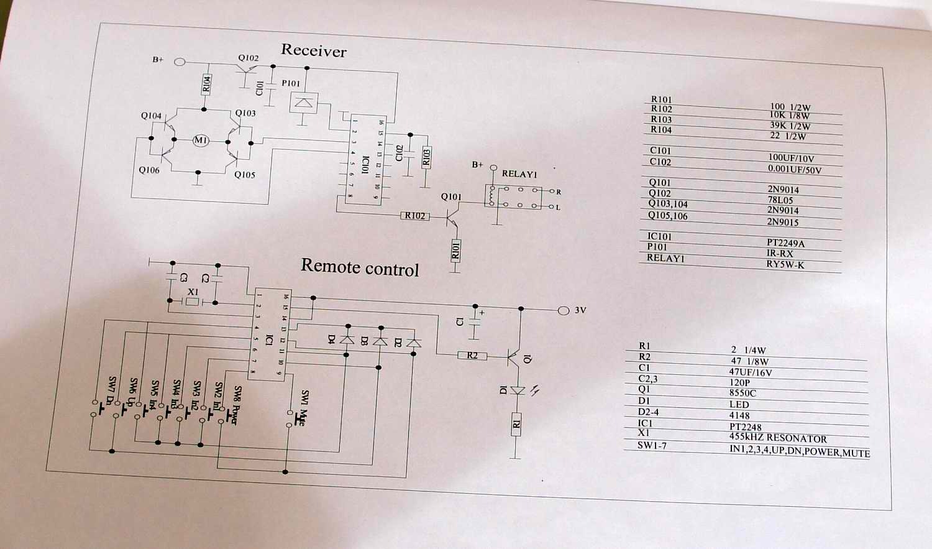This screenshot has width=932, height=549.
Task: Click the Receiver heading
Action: pyautogui.click(x=314, y=50)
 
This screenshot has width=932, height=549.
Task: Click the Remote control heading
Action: pyautogui.click(x=360, y=268)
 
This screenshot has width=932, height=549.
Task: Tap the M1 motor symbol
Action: pyautogui.click(x=201, y=141)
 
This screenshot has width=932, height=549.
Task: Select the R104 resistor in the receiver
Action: pyautogui.click(x=206, y=84)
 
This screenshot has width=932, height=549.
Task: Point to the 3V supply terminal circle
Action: pyautogui.click(x=564, y=310)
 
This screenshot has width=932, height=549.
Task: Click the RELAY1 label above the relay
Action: pyautogui.click(x=519, y=174)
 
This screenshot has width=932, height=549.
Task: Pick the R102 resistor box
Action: pyautogui.click(x=415, y=216)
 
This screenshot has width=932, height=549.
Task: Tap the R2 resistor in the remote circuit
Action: pyautogui.click(x=472, y=356)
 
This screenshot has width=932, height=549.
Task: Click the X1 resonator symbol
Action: pyautogui.click(x=193, y=302)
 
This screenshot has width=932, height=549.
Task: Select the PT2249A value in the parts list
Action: pyautogui.click(x=785, y=243)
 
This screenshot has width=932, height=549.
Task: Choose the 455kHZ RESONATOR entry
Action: pyautogui.click(x=778, y=438)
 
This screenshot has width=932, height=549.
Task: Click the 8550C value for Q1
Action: pyautogui.click(x=742, y=394)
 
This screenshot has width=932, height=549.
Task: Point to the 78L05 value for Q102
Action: pyautogui.click(x=780, y=200)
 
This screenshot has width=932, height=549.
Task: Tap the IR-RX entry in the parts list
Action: pyautogui.click(x=780, y=254)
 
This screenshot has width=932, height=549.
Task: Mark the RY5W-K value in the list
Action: pyautogui.click(x=785, y=264)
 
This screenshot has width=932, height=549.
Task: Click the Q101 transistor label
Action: pyautogui.click(x=451, y=196)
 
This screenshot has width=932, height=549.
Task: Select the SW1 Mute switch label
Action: pyautogui.click(x=303, y=408)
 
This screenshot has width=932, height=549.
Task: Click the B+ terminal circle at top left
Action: pyautogui.click(x=180, y=62)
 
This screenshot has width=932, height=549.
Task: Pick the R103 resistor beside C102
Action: pyautogui.click(x=426, y=157)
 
